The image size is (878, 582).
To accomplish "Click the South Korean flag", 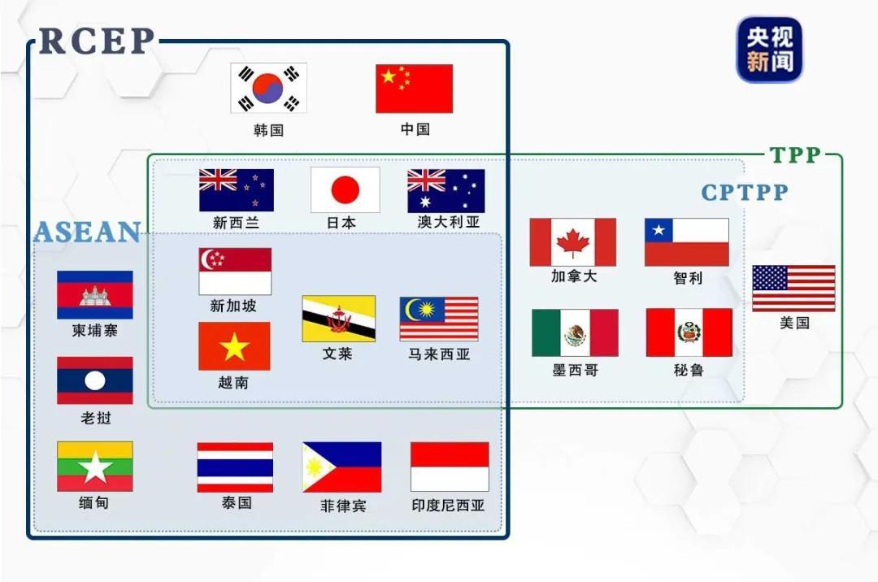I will [268, 89].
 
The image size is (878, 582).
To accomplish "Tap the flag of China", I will [414, 89].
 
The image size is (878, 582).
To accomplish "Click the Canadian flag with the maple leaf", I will [572, 242].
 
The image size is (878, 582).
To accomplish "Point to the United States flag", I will [793, 289].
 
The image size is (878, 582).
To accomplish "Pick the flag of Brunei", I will [338, 319].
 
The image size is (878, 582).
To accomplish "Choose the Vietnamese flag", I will [234, 346].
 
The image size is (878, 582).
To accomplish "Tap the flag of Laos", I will [94, 380].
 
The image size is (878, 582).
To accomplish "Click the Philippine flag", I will [341, 467].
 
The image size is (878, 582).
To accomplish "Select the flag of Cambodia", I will [94, 295].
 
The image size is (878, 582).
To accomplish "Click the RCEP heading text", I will [97, 41].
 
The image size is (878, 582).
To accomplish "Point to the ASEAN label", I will [87, 232].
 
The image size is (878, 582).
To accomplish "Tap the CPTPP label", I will [745, 193].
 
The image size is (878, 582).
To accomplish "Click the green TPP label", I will [795, 155].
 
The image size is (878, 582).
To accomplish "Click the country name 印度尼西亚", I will [448, 505].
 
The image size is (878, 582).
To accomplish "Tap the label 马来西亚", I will [439, 354].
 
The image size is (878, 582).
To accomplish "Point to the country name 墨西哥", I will [575, 370].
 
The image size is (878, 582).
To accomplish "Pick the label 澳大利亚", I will [449, 222].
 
